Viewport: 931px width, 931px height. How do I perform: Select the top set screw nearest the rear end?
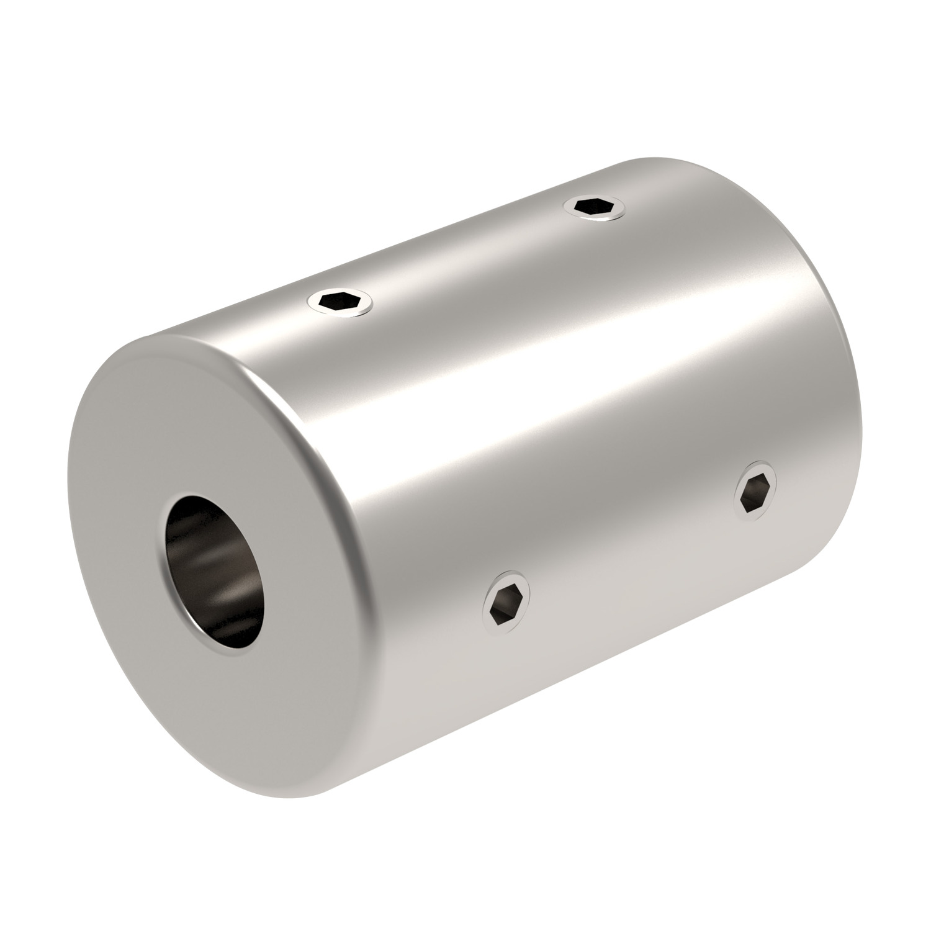[x=596, y=206]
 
